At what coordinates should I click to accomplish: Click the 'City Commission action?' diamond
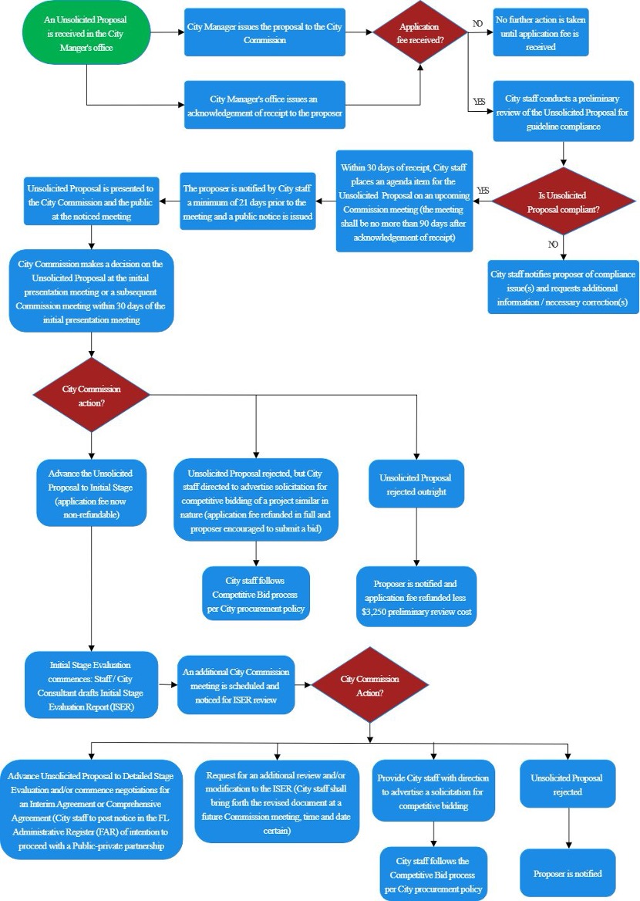point(92,394)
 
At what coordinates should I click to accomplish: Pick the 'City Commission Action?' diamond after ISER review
point(369,684)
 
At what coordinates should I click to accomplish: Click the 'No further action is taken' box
point(541,32)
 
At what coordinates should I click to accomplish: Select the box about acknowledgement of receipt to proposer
point(264,106)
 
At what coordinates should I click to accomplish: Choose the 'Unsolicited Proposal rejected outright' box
point(416,484)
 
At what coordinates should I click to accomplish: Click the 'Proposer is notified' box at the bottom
point(568,873)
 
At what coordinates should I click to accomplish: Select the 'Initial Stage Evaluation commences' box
point(91,684)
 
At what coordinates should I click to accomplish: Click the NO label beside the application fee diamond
point(478,24)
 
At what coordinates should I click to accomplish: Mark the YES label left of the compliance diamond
point(483,190)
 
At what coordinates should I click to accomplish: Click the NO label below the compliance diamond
point(552,244)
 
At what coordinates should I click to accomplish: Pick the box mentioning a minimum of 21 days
point(248,202)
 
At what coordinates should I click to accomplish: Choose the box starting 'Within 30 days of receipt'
point(405,201)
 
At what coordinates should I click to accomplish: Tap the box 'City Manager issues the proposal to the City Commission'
point(264,32)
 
